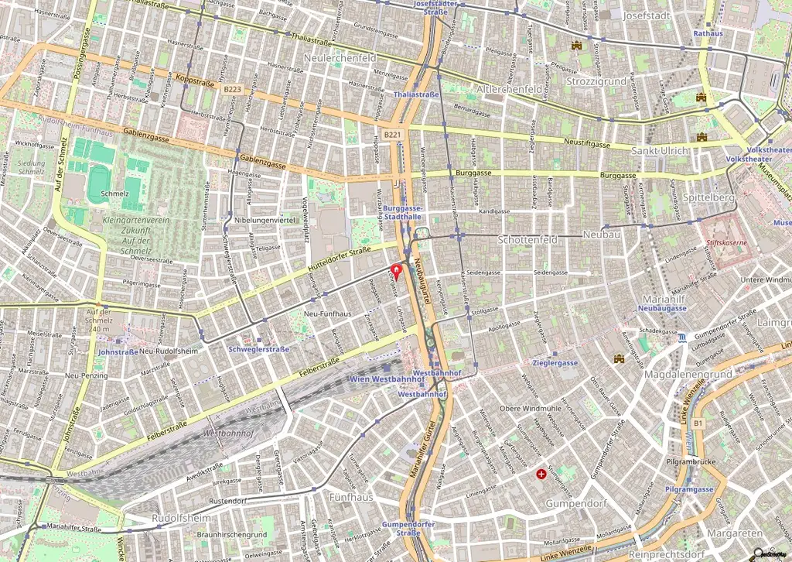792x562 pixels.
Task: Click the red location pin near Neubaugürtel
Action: (398, 271)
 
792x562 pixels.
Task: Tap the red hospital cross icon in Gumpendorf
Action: (541, 472)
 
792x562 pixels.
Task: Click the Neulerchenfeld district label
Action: (340, 58)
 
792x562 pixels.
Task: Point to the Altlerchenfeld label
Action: (509, 89)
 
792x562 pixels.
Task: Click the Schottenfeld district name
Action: (527, 240)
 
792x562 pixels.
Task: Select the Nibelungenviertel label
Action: (266, 220)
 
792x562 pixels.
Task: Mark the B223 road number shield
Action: (232, 90)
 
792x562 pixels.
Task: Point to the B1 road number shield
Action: (698, 423)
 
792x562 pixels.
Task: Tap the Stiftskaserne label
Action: (730, 242)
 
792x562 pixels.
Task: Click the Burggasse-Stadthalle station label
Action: (403, 214)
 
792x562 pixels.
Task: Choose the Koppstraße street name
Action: (194, 81)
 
